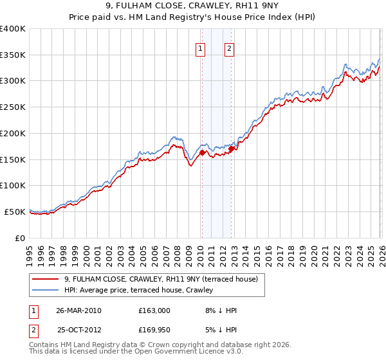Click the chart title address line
[x=192, y=7]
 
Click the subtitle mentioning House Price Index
[x=192, y=18]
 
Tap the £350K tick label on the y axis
[x=13, y=55]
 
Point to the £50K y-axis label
[x=15, y=212]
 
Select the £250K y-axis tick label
[x=13, y=107]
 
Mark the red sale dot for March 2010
[x=202, y=153]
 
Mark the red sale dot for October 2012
[x=231, y=149]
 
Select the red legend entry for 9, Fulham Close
[x=161, y=279]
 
